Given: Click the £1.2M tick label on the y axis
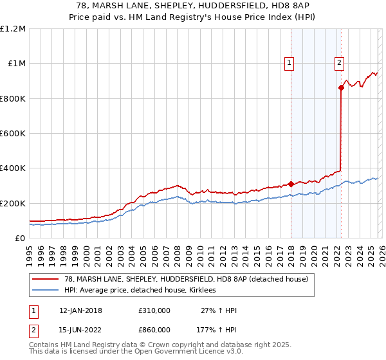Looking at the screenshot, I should pos(13,29).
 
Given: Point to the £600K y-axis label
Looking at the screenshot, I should pos(13,134).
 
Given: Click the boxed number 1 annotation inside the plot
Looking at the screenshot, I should pos(289,63).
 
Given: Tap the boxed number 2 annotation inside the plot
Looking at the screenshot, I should pos(339,63).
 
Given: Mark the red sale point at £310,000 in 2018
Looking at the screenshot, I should pos(291,184).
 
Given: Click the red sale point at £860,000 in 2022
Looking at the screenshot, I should pos(341,88).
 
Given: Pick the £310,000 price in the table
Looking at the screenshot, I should pos(154,310).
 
